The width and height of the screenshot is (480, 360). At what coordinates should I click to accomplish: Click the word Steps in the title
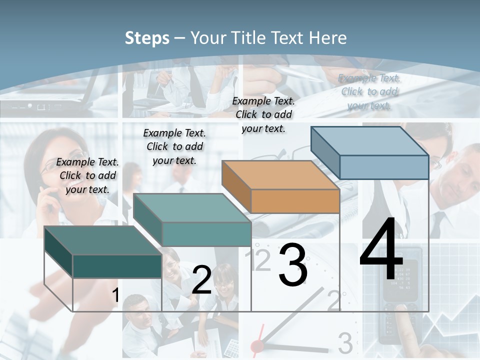pos(147,38)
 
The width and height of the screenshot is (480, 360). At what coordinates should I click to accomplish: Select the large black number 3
pos(292,265)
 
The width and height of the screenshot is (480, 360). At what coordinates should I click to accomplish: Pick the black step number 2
pos(201,280)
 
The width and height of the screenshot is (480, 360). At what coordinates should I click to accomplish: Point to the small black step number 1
pos(115,295)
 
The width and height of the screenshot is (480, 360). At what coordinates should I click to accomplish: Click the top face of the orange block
pos(280,175)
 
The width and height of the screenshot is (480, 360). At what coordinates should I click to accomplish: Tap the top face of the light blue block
pos(370,140)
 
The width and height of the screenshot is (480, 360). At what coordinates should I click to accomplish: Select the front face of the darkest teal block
pos(117,266)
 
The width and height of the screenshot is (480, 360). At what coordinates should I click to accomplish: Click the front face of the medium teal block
pos(206,234)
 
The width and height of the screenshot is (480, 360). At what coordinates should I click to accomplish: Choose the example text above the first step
pos(87,175)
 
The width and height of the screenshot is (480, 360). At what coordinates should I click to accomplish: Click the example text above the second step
pos(174,146)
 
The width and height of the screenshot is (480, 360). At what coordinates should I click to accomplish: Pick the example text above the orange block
pos(263,114)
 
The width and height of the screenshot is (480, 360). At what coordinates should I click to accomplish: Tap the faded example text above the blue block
pos(369,91)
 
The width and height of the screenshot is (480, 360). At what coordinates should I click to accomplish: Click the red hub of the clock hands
pos(257,346)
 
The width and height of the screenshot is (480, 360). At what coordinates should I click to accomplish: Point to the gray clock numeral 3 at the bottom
pos(345,343)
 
